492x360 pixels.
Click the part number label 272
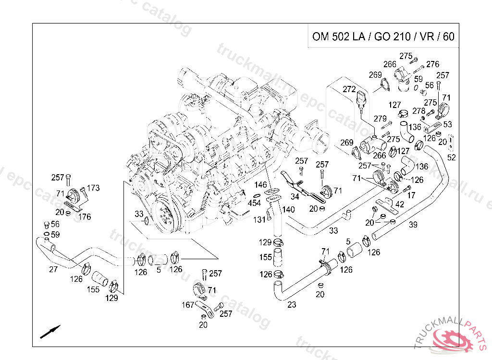pyautogui.click(x=349, y=89)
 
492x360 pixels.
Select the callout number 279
pyautogui.click(x=381, y=119)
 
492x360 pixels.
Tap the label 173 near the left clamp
pyautogui.click(x=93, y=188)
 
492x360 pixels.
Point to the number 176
pyautogui.click(x=85, y=217)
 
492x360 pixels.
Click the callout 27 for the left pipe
pyautogui.click(x=53, y=269)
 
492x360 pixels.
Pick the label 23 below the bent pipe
pyautogui.click(x=292, y=304)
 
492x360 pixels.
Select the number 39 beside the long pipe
pyautogui.click(x=413, y=224)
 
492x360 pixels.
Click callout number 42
pyautogui.click(x=399, y=204)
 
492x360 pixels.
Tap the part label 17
pyautogui.click(x=411, y=196)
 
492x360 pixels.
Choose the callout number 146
pyautogui.click(x=260, y=185)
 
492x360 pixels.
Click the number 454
pyautogui.click(x=254, y=203)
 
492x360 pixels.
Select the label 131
pyautogui.click(x=259, y=219)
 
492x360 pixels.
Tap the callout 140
pyautogui.click(x=288, y=210)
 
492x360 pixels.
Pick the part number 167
pyautogui.click(x=187, y=305)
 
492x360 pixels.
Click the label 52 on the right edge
pyautogui.click(x=452, y=157)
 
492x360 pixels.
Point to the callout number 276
pyautogui.click(x=433, y=64)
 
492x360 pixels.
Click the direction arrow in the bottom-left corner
pyautogui.click(x=50, y=331)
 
